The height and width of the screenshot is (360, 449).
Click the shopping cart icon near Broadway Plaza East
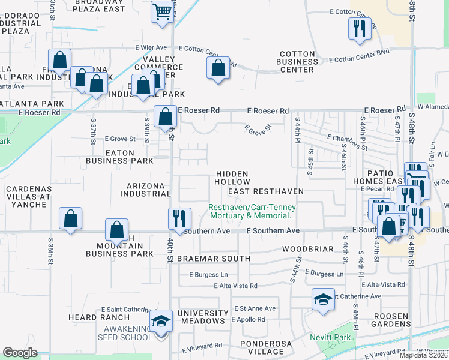(x=162, y=11)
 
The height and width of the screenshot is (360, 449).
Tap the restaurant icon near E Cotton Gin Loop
(x=360, y=29)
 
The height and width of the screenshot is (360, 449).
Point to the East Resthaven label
(x=266, y=191)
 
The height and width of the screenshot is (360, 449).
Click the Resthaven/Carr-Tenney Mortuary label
(x=252, y=211)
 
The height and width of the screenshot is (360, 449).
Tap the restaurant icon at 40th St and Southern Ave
(x=178, y=219)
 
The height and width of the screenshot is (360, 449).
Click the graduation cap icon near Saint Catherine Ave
(x=323, y=300)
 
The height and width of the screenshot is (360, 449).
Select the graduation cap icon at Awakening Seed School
(x=161, y=322)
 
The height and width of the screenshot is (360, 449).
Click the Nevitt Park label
(x=330, y=338)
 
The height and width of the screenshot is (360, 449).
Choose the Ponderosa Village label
(x=268, y=348)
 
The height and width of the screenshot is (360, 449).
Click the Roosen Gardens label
(x=391, y=319)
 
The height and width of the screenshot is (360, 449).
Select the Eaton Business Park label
(x=119, y=157)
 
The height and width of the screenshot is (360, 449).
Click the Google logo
(x=20, y=353)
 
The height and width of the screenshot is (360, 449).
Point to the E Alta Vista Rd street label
(x=236, y=286)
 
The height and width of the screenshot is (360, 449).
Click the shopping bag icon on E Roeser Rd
(x=164, y=116)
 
